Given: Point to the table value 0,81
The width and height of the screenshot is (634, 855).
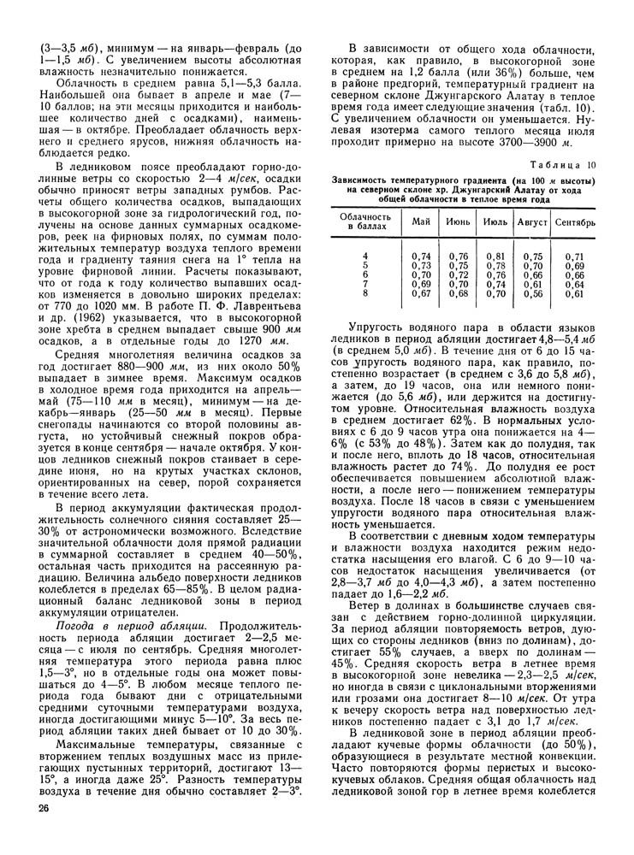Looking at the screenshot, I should click(x=495, y=256).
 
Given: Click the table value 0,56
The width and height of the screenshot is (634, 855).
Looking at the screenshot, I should click(x=533, y=294).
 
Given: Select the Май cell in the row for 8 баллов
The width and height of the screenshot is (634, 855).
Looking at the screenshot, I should click(x=421, y=294).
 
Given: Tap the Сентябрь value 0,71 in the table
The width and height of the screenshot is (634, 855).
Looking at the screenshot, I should click(x=574, y=256).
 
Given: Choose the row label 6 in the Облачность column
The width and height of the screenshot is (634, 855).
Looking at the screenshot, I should click(x=365, y=275).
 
